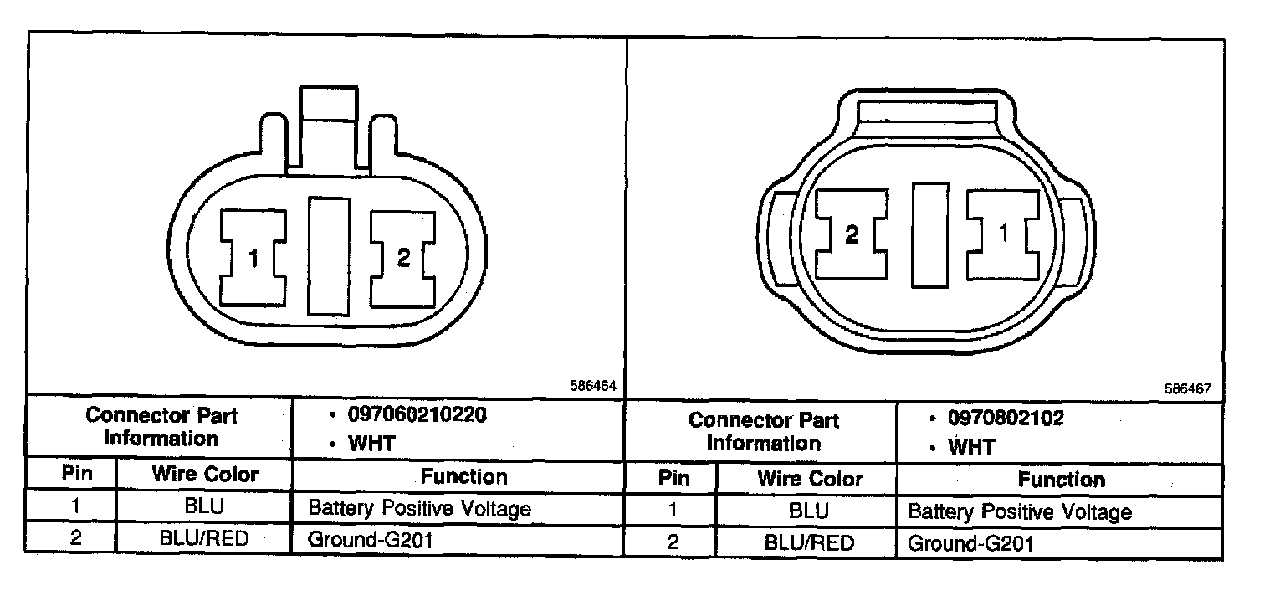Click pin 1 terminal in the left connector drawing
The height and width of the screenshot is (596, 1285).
click(253, 258)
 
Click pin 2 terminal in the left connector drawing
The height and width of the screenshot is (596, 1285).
click(403, 258)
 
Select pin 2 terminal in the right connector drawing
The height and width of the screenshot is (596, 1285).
click(851, 234)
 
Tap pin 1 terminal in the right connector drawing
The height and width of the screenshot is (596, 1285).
click(1003, 234)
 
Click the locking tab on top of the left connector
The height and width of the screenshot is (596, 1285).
click(328, 126)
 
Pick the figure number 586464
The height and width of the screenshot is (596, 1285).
click(593, 387)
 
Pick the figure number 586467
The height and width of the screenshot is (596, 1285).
click(1186, 389)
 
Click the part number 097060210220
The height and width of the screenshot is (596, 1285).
click(417, 415)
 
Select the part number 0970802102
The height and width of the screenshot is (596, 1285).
click(1005, 418)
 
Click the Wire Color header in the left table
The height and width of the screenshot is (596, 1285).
click(205, 475)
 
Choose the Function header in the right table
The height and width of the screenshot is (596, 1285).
click(1061, 480)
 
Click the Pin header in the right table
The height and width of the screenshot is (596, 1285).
click(673, 479)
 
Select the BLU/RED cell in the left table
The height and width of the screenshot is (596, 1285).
click(205, 538)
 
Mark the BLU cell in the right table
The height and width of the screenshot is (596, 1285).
click(808, 511)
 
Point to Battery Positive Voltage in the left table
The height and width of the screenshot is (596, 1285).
click(419, 508)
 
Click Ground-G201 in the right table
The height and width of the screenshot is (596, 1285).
click(970, 543)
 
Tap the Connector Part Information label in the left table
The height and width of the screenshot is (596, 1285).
click(161, 427)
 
